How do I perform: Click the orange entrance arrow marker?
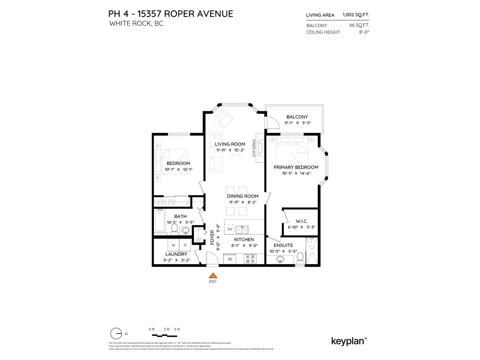coord(213,275)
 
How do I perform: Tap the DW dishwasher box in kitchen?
coord(230,229)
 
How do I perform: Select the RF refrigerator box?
coord(230,259)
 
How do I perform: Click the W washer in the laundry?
coord(173,245)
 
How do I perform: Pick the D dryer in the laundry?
coord(185,245)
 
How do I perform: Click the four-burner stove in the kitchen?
coord(250,259)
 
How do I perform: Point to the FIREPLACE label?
coord(253,148)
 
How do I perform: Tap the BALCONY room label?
coord(297,117)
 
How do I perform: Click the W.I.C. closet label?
coord(301,221)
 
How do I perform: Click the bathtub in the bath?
coord(160,221)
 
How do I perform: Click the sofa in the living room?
coord(215,152)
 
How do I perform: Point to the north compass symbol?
coord(116,334)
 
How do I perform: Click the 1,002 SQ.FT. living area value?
coord(356,15)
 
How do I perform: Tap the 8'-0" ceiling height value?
coord(364,32)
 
